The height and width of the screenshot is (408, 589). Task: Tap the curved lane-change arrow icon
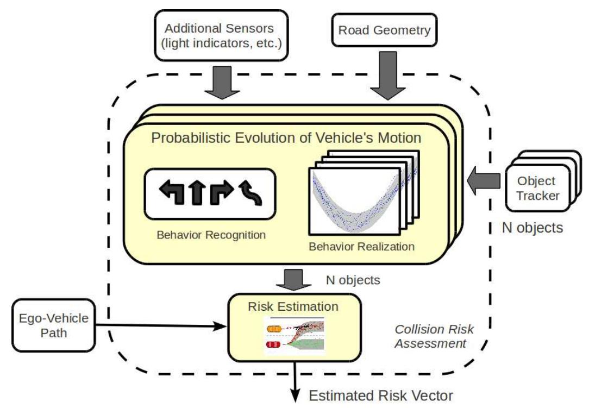point(251,193)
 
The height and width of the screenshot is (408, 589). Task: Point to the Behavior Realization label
point(361,246)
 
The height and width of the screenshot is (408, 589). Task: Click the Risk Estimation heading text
point(293,306)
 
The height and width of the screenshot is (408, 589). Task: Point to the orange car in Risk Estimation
point(274,328)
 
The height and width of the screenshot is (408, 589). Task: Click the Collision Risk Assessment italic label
point(433,336)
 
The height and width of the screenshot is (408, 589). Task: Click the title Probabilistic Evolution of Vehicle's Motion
point(286,137)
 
